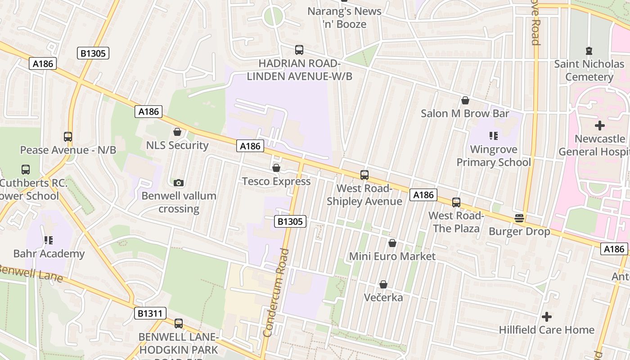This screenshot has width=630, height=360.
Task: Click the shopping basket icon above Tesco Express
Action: [x=276, y=168]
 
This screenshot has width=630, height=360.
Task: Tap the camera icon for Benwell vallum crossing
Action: [x=179, y=183]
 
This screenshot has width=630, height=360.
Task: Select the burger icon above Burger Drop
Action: [x=519, y=218]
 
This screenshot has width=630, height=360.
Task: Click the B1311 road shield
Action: [x=150, y=313]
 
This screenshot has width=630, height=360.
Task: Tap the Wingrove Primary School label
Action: [x=494, y=156]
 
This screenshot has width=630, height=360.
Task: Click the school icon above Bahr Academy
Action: [x=49, y=240]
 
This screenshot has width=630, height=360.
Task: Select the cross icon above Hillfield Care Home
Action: [x=546, y=317]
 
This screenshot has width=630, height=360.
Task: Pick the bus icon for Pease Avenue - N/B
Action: [x=68, y=137]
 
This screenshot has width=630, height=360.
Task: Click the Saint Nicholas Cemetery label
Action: [x=589, y=70]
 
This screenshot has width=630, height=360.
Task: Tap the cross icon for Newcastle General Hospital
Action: [x=599, y=126]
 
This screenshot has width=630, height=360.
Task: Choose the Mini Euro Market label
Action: [x=392, y=256]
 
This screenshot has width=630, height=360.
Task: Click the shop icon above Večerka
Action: [x=383, y=284]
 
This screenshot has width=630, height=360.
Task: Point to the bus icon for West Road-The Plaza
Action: [x=456, y=202]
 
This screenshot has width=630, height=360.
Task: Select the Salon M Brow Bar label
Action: [x=465, y=113]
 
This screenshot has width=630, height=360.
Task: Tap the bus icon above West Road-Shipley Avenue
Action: [x=364, y=175]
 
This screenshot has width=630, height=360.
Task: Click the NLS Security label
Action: [x=177, y=145]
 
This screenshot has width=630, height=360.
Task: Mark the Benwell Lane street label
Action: [x=31, y=273]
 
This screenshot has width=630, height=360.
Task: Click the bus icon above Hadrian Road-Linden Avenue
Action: [x=299, y=50]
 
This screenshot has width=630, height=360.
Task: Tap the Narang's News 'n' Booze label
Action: [x=344, y=18]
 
